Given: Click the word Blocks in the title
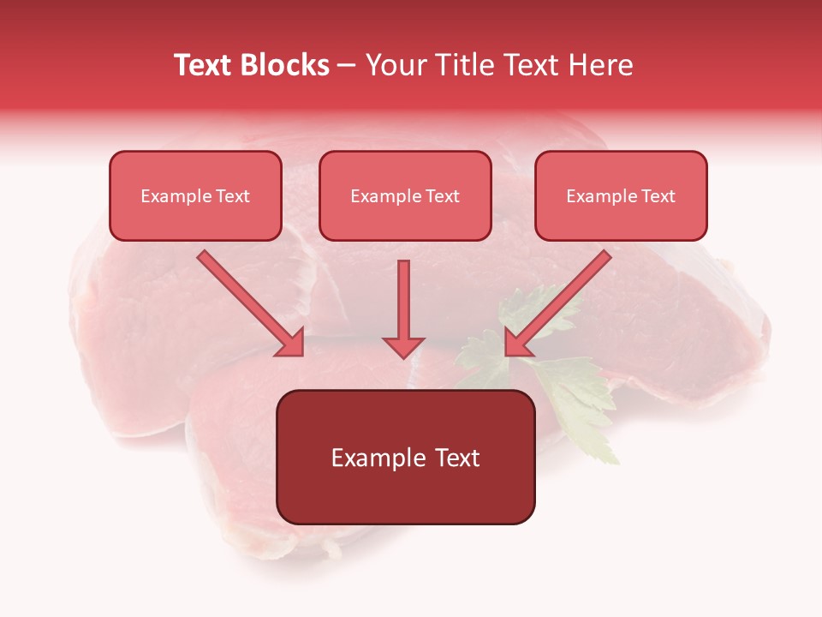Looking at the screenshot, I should (x=284, y=65).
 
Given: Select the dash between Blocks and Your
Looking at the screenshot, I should (x=347, y=65).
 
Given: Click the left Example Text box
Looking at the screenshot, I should (x=195, y=195).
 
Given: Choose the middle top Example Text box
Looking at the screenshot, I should (x=405, y=195).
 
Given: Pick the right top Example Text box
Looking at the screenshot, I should (x=621, y=195).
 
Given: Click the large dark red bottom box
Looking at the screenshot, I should (x=405, y=457).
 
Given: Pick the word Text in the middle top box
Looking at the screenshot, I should (x=442, y=196).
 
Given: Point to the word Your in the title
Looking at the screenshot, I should (x=395, y=65).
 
